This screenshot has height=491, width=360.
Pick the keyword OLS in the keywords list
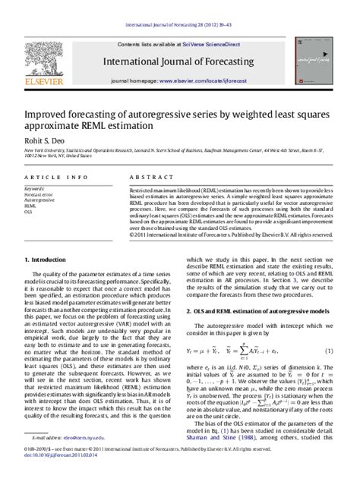29,212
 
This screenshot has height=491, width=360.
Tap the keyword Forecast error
39,194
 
